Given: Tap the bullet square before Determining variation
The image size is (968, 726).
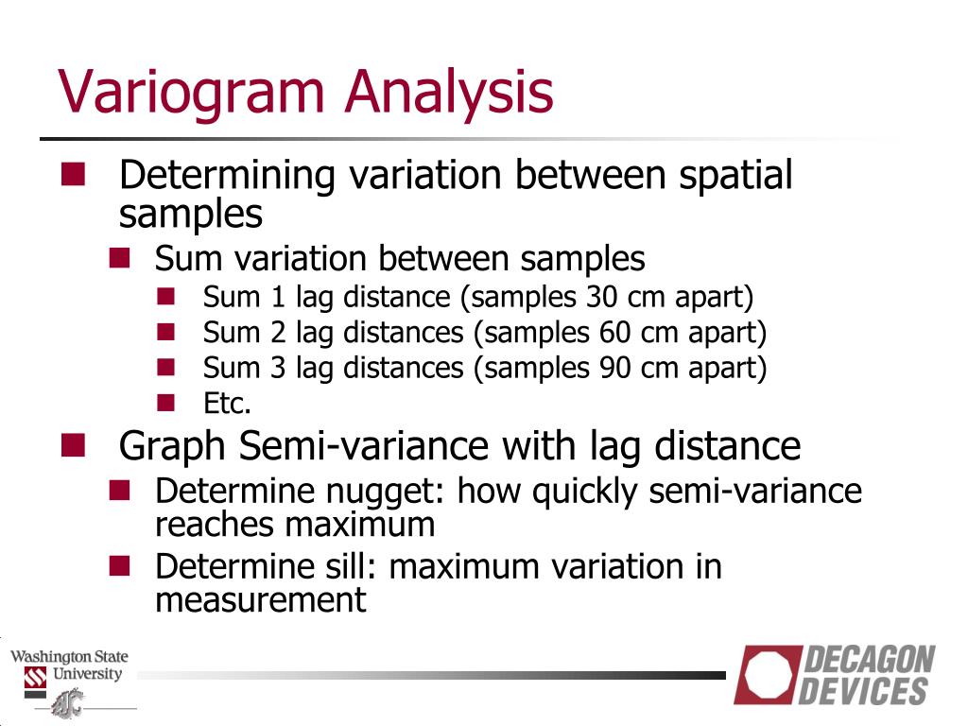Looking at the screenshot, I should [73, 174].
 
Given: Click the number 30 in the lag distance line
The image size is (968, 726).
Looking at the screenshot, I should [602, 297].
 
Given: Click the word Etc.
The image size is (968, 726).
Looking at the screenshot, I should [227, 404].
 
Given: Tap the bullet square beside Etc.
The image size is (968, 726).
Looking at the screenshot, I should [167, 403].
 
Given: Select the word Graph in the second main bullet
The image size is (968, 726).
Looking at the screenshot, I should [174, 445].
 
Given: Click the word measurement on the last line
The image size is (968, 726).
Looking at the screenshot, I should [260, 599].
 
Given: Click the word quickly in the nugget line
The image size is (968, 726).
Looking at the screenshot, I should [576, 492].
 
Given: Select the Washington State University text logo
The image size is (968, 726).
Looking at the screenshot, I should [69, 665].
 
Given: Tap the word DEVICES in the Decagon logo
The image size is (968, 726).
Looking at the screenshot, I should [864, 691].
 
